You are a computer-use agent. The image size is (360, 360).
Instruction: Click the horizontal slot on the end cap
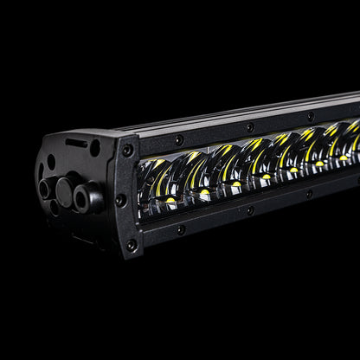point(77,143)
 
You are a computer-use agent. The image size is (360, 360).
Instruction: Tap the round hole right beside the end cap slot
point(95,148)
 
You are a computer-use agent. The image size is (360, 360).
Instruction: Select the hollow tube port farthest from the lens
point(44,189)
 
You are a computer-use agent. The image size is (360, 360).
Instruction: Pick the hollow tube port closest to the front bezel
point(84,199)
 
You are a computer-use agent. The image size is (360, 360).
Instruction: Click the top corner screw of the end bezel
point(127,151)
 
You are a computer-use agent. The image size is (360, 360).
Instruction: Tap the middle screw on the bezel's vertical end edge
point(121,200)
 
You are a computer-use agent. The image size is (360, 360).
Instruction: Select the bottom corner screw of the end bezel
point(131,245)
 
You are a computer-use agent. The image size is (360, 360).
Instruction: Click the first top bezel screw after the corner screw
point(179,139)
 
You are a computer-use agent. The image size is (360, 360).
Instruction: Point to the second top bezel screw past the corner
point(250,126)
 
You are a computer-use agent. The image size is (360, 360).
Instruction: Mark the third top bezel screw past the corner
point(310,115)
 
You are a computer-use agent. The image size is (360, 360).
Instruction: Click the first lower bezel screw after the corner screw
point(180,229)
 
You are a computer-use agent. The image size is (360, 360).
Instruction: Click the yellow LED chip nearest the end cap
point(170,200)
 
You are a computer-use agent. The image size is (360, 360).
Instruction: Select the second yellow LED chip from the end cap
point(204,192)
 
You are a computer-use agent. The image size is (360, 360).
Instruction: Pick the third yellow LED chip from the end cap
point(235,183)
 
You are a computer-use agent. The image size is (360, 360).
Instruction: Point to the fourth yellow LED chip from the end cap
point(266,177)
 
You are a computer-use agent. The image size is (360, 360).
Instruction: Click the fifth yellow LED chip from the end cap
point(293,170)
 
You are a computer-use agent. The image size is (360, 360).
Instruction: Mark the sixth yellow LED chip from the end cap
point(319,163)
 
